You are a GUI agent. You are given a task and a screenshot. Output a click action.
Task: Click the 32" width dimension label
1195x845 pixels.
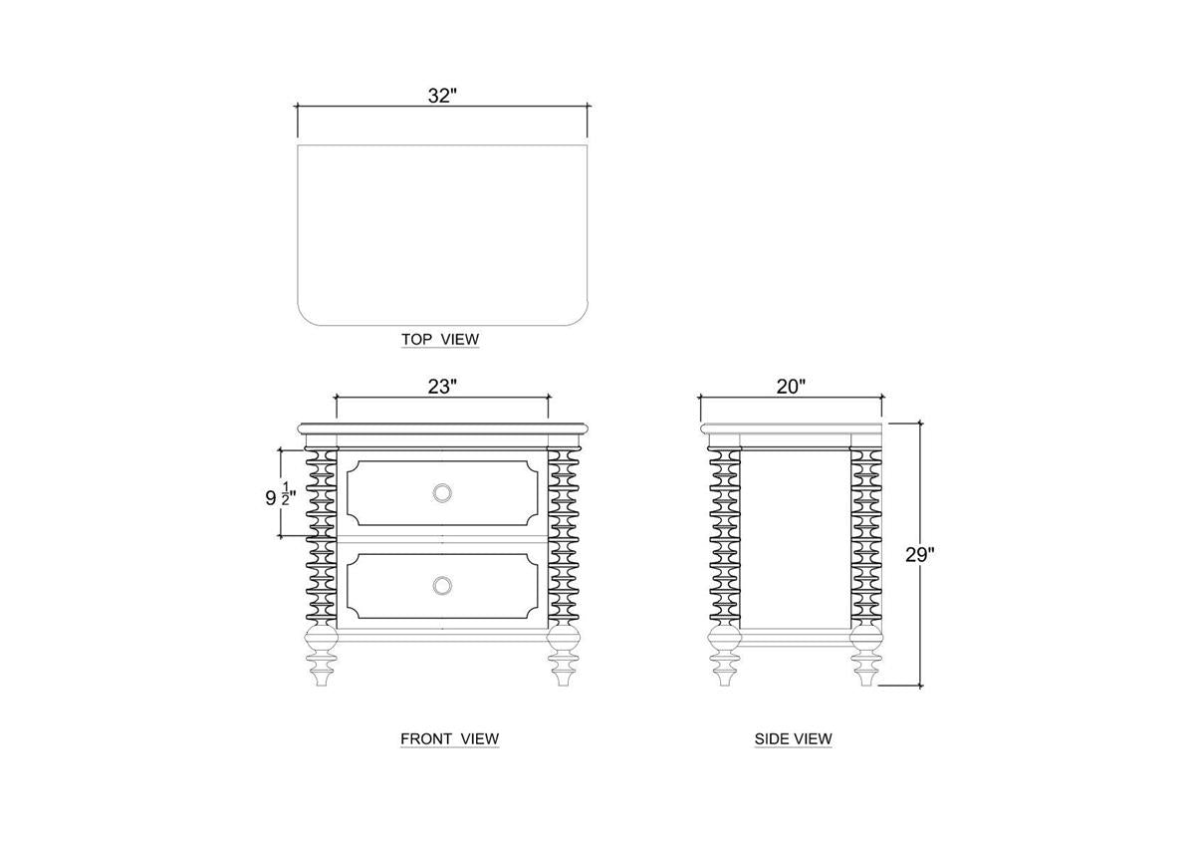click(442, 96)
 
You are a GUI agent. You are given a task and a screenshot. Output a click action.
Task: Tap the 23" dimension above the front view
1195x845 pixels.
click(442, 387)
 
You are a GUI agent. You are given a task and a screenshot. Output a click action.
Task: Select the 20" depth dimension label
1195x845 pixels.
click(791, 387)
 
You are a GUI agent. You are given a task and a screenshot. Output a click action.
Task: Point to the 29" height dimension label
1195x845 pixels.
click(920, 555)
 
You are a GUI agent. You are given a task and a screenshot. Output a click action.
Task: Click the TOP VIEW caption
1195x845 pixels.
click(440, 339)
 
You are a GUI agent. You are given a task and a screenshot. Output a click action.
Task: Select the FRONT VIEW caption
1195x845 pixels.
click(450, 738)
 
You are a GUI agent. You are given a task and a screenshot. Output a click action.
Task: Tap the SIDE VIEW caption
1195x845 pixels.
click(794, 738)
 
